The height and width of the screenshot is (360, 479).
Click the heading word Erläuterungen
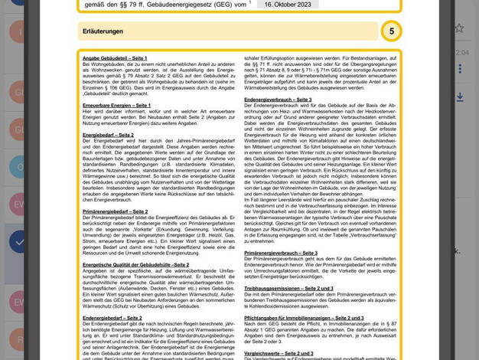coord(103,32)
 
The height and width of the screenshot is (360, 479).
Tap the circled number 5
coord(391,32)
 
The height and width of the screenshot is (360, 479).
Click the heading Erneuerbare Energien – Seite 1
coord(117,103)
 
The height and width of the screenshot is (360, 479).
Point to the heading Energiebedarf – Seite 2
coord(108,134)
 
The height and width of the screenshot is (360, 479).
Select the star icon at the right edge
coord(459,28)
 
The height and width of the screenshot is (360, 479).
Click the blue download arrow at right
coord(459,97)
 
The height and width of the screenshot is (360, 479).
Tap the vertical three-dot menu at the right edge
coord(459,69)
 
